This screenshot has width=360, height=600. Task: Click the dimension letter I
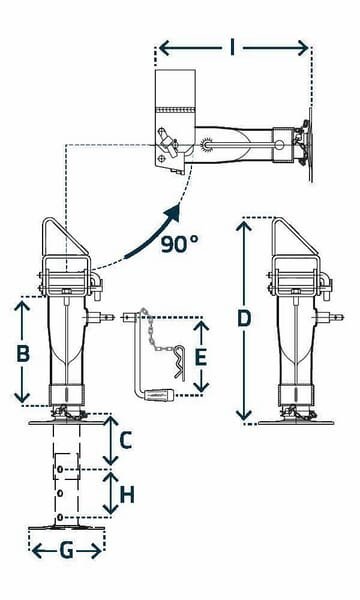(232, 49)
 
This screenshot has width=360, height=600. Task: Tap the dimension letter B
(23, 353)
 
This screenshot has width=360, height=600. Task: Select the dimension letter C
(126, 440)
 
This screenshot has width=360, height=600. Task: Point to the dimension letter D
(244, 319)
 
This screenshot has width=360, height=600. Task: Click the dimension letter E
(201, 358)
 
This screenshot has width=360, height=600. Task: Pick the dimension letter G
(67, 551)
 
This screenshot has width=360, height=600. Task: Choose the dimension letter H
(127, 495)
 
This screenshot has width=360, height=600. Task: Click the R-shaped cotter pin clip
(180, 362)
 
